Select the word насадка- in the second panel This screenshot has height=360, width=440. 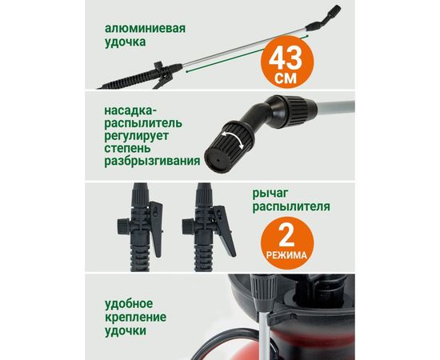(131, 110)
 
